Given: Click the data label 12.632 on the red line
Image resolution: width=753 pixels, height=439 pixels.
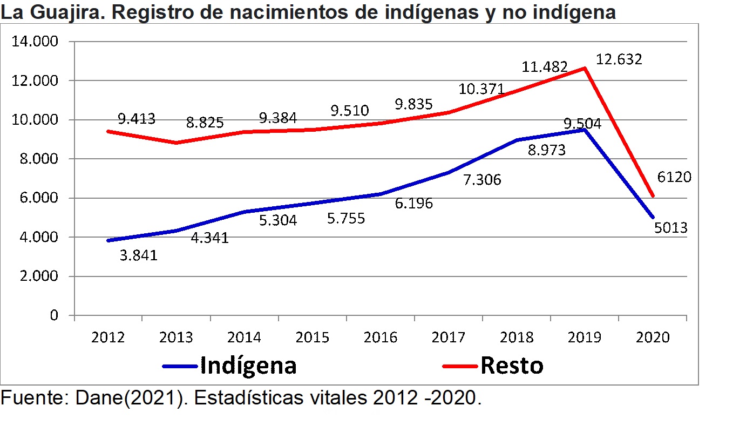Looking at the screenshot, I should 619,59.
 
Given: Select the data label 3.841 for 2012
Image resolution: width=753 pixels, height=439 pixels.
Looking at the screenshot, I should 138,255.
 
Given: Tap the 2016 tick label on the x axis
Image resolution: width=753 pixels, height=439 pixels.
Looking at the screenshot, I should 381,338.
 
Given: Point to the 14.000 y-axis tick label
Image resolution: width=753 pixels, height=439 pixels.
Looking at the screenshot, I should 35,42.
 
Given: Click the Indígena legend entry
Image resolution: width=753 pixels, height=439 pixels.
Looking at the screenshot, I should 248,366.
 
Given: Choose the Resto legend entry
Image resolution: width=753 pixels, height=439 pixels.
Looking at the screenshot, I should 511,366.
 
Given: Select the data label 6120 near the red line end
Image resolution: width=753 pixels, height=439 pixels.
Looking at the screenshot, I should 674,177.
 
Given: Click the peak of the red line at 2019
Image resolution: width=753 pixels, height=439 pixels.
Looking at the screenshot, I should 585,68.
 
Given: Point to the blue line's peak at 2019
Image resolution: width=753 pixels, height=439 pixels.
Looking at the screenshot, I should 585,130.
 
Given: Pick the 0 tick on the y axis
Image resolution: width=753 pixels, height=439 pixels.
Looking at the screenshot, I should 53,315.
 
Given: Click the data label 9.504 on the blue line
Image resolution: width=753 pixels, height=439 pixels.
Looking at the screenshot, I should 582,124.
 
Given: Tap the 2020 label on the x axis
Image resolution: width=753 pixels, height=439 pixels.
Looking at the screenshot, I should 653,338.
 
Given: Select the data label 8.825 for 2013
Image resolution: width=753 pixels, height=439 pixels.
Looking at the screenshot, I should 205,123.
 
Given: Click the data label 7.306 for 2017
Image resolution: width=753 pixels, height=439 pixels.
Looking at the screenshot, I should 482,180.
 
